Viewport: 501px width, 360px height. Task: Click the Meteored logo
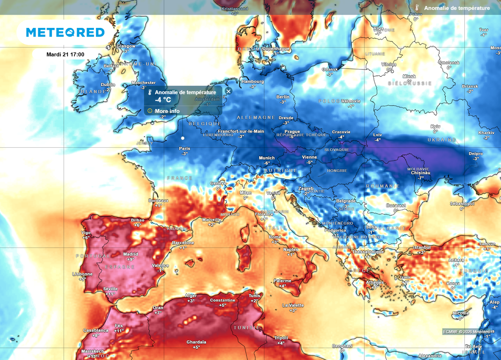tap(65, 32)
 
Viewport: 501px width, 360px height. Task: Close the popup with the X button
tap(228, 91)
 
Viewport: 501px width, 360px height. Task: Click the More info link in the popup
tap(167, 111)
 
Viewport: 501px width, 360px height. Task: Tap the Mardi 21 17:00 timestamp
tap(65, 54)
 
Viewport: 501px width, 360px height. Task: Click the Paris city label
tap(184, 149)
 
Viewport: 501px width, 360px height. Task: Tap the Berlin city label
tap(283, 97)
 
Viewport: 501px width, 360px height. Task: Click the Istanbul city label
tap(421, 248)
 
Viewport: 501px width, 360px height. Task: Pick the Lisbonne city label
tap(82, 274)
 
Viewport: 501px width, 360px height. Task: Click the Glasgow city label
tap(126, 46)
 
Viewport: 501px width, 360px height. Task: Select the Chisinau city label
tap(420, 173)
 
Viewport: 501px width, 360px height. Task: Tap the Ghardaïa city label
tap(196, 342)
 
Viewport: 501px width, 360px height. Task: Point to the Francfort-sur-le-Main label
tap(241, 132)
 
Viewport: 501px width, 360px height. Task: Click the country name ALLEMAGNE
tap(256, 118)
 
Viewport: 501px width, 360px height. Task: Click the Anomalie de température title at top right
tap(456, 8)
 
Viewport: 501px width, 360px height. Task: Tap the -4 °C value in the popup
tap(163, 100)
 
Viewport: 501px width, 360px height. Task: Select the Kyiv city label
tap(435, 126)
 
